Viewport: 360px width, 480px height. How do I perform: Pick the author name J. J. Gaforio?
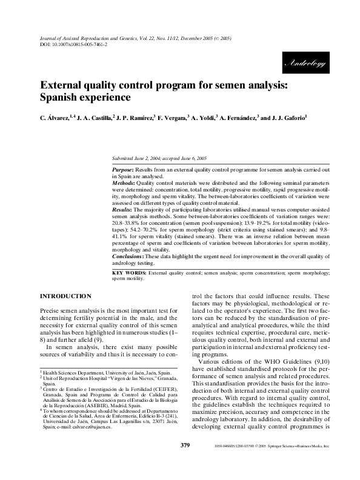click(x=288, y=119)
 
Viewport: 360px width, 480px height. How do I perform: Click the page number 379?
click(x=186, y=462)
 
